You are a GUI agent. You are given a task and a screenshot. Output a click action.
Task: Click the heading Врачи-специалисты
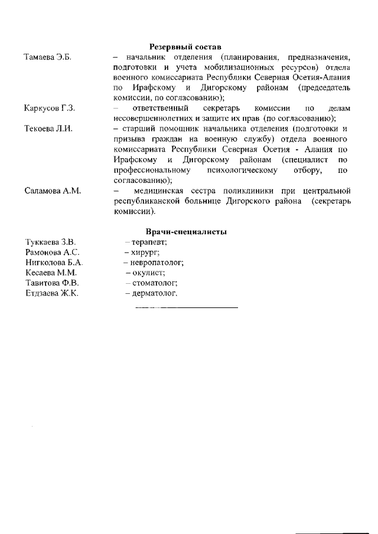coord(186,232)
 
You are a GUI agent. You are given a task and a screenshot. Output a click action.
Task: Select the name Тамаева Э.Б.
coord(47,57)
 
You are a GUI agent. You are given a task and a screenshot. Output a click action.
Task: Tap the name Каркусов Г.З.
coord(50,109)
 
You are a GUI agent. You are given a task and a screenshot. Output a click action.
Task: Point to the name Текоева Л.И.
coord(48,129)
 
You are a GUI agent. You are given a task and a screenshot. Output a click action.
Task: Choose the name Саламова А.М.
coord(53,191)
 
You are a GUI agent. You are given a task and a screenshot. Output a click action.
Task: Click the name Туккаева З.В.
coord(50,242)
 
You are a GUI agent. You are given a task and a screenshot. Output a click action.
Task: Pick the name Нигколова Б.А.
coord(54,263)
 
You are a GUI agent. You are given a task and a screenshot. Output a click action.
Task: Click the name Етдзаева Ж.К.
coord(52,293)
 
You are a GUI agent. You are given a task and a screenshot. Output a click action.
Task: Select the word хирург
coord(139,252)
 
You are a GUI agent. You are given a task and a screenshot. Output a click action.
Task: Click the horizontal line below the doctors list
coord(186,307)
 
